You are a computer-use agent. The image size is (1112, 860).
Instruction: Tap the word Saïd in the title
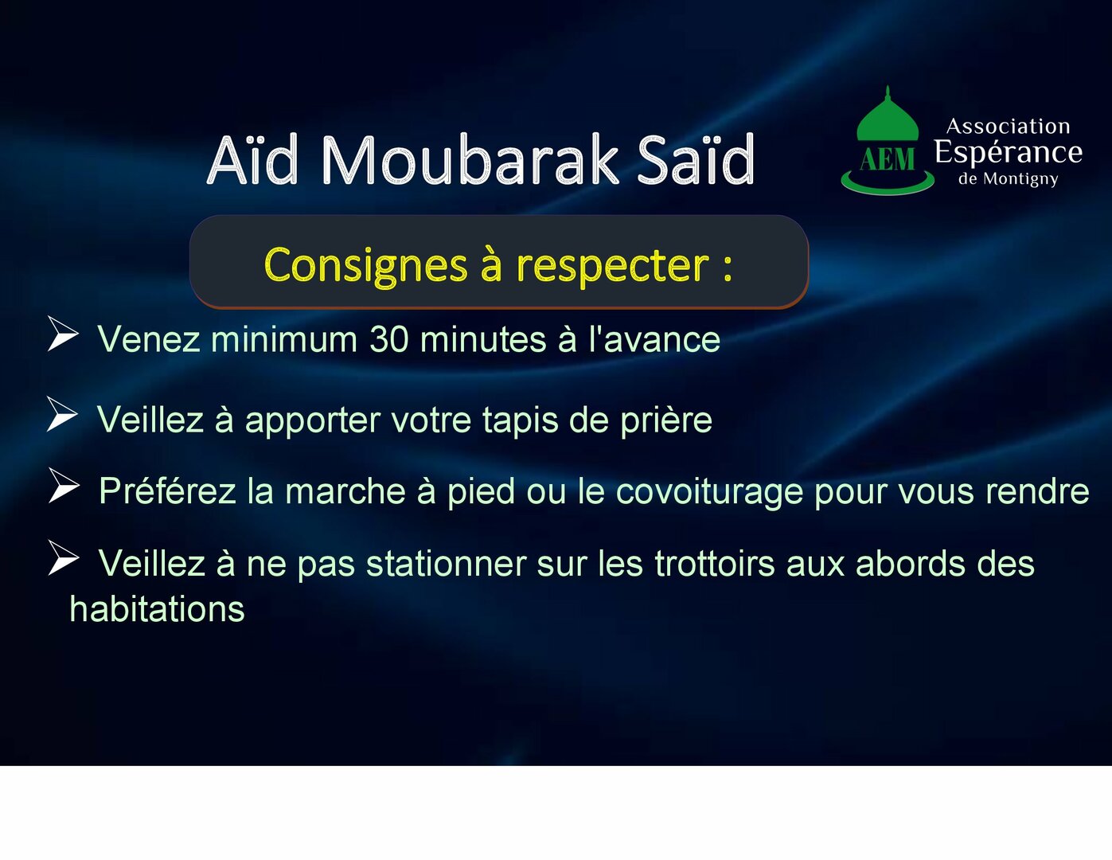point(696,159)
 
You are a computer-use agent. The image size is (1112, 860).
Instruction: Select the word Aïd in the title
point(252,159)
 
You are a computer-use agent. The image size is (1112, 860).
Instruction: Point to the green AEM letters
point(888,159)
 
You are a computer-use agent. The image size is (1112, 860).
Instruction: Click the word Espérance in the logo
point(1008,152)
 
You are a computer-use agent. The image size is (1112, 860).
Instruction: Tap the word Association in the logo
point(1008,126)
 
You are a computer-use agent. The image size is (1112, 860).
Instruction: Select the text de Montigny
point(1008,179)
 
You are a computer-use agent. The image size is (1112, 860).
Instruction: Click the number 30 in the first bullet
point(389,339)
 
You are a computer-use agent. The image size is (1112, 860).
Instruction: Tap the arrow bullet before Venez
point(63,334)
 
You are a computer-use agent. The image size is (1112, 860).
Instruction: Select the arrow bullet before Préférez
point(64,485)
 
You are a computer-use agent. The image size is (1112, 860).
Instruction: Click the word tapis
point(520,421)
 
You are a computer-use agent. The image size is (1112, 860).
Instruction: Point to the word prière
point(666,421)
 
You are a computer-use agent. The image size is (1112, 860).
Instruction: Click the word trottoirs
point(714,564)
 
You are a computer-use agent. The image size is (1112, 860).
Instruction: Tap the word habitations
point(157,609)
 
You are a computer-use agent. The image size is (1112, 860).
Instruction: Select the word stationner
point(447,564)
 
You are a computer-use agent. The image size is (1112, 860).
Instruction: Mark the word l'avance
point(654,339)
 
